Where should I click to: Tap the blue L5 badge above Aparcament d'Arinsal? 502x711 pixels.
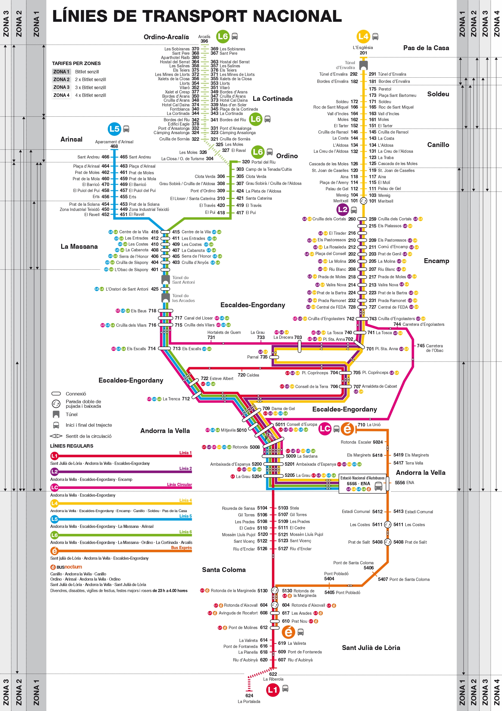(114, 129)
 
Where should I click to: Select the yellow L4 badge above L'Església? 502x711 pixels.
(363, 37)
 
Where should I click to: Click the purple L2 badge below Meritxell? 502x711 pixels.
(343, 210)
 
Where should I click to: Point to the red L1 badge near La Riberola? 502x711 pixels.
(272, 690)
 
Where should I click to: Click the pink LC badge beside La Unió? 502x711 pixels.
(325, 429)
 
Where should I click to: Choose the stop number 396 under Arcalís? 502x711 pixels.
(204, 41)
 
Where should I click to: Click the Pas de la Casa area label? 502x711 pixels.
(426, 48)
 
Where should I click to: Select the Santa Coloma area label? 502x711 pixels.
(224, 570)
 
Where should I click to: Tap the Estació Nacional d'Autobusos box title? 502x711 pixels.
(363, 478)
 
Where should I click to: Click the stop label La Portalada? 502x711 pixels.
(249, 702)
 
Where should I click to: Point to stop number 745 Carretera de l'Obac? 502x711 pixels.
(421, 346)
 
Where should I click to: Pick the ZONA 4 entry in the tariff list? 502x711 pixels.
(61, 95)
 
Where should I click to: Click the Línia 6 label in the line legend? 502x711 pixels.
(185, 532)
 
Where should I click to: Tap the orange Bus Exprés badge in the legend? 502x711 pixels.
(54, 551)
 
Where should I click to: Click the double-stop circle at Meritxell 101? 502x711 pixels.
(363, 201)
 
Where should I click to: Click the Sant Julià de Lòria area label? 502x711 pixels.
(371, 647)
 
